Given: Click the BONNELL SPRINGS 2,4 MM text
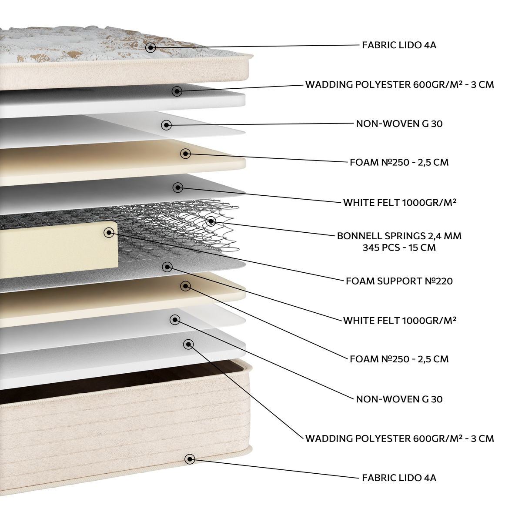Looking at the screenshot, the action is tap(399, 236).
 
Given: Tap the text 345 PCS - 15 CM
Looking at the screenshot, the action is tap(399, 248).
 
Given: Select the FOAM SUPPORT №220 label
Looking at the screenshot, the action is tap(399, 281).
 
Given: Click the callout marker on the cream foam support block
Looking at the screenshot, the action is tap(109, 232).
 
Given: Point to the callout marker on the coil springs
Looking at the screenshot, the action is tap(211, 221).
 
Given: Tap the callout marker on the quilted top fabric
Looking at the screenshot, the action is tap(151, 48).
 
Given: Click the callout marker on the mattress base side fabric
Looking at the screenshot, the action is tap(190, 459).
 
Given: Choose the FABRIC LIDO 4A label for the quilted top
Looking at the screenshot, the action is tap(399, 45).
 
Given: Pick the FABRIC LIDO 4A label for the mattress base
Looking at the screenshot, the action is tap(399, 478).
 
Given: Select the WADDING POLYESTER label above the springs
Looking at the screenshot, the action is tap(400, 84).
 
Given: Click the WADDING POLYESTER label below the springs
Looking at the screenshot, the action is tap(400, 438).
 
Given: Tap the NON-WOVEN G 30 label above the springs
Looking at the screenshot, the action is tap(399, 124).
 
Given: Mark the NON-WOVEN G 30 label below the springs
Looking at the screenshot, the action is tap(399, 399).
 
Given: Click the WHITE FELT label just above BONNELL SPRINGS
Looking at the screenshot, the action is tap(400, 202).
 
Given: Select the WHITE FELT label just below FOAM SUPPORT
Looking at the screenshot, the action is tap(400, 321).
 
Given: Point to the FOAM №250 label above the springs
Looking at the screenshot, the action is tap(399, 162).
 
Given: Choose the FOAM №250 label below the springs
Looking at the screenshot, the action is tap(399, 359).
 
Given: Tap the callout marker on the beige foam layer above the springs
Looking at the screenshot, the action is tap(186, 154).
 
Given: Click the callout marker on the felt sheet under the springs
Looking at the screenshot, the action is tap(167, 267).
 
